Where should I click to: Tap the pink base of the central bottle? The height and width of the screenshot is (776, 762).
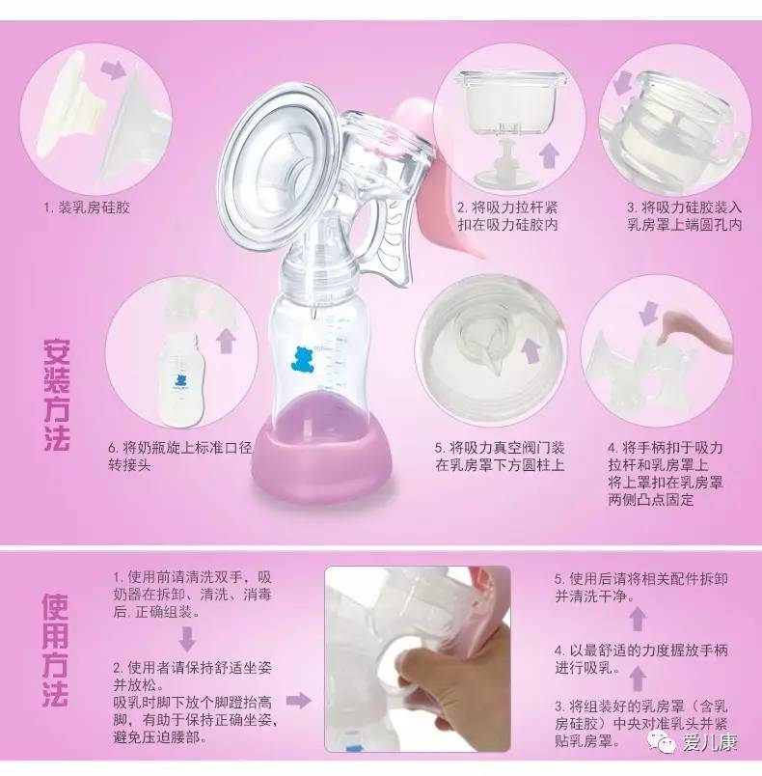tap(322, 453)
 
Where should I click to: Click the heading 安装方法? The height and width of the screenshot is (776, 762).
tap(57, 395)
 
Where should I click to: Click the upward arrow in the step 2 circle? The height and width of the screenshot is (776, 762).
tap(549, 153)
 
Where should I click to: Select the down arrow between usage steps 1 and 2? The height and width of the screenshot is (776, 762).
tap(187, 638)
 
